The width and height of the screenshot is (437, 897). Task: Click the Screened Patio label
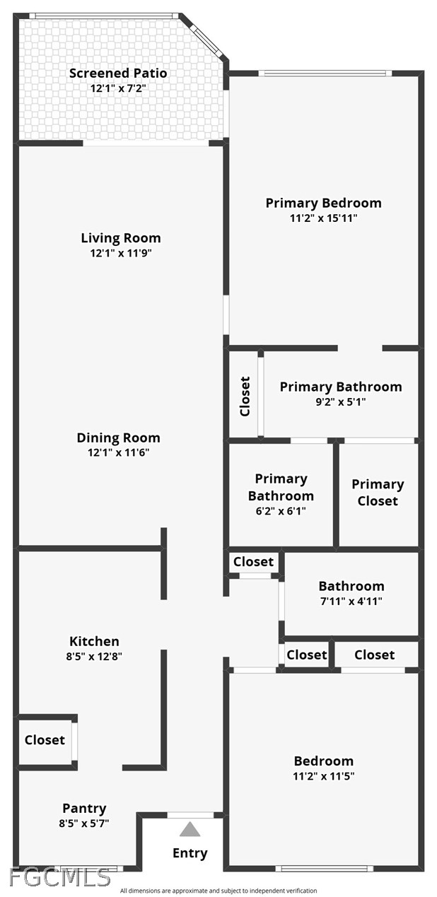118,73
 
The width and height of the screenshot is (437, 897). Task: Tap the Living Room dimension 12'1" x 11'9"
120,252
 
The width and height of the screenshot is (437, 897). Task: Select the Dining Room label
118,438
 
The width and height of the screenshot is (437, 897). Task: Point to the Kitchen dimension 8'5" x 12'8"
94,656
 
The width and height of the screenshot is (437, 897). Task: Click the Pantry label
84,808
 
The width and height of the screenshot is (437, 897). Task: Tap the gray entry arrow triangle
190,830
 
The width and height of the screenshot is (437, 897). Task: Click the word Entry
190,853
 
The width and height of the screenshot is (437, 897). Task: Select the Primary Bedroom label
323,203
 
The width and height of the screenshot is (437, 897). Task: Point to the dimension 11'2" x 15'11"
323,218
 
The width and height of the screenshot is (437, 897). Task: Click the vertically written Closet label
245,396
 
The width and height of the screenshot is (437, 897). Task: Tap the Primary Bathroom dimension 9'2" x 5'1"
341,401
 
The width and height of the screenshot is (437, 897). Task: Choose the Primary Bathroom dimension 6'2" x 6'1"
281,510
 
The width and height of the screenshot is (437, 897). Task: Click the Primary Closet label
378,492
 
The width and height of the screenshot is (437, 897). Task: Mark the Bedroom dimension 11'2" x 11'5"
324,776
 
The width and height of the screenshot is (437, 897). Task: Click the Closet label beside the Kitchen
45,740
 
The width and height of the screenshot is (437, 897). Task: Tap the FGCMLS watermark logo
60,877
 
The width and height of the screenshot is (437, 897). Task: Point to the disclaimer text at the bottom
218,891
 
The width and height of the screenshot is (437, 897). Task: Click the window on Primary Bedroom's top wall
325,73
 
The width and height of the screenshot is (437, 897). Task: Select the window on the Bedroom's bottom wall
324,868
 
